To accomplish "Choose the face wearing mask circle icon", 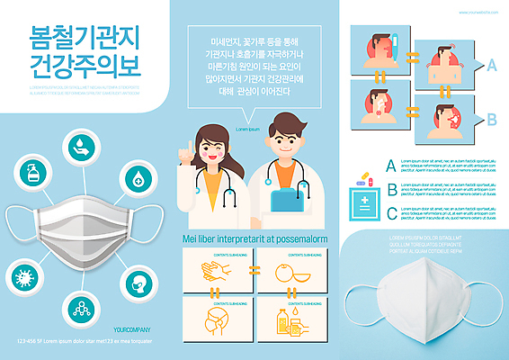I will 138,283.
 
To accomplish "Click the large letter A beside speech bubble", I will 492,65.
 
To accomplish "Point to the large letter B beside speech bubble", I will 492,119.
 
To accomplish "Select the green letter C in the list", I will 390,213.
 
